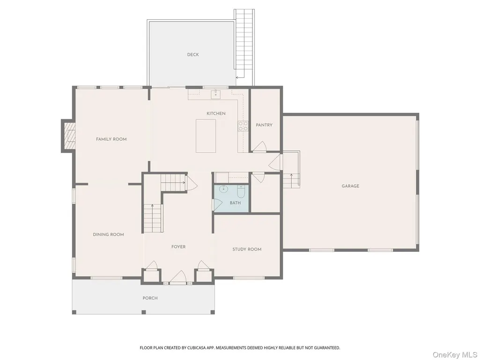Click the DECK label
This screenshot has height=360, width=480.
pos(193,54)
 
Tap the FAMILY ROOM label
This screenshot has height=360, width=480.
pos(111,139)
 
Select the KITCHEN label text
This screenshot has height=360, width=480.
pos(216,113)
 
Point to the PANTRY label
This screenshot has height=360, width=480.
pos(264,125)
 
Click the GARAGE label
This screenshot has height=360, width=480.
pos(350,186)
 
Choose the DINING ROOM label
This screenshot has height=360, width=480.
pos(108,235)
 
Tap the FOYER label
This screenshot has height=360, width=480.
pos(178,247)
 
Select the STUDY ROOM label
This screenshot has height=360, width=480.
pos(247,249)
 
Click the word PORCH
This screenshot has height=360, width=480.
pos(150,298)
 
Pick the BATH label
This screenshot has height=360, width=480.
pos(235,203)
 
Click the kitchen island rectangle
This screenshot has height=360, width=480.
pos(206,136)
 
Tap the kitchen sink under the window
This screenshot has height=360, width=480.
pos(216,93)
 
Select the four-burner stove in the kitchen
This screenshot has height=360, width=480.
pos(243,126)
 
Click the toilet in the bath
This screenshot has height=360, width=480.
pos(241,191)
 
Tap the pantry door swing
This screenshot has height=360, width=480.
pos(259,147)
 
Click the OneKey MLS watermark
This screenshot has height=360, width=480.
pos(455,354)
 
